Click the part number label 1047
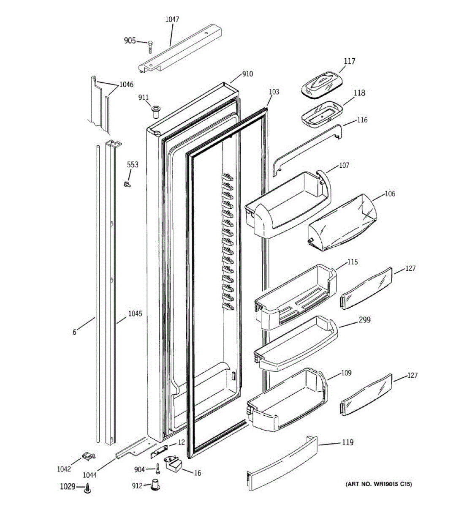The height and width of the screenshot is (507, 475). (x=172, y=19)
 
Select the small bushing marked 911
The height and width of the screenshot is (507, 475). (x=155, y=112)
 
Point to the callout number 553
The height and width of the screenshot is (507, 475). (x=133, y=164)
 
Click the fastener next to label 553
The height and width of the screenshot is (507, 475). (x=126, y=184)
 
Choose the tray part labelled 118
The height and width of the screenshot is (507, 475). (x=321, y=113)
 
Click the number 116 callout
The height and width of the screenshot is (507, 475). (x=362, y=120)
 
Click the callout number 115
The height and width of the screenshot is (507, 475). (x=352, y=262)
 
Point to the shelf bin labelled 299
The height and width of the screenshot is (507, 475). (x=296, y=343)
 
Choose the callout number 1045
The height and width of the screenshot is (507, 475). (x=135, y=314)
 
